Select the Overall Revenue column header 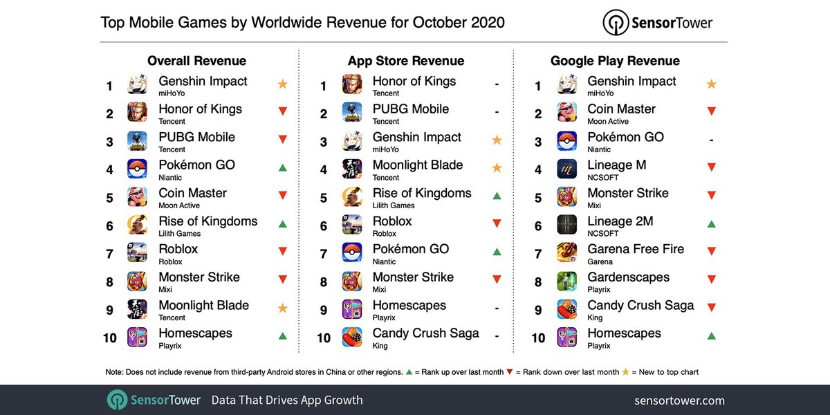[x=196, y=61]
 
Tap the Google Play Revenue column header [x=615, y=61]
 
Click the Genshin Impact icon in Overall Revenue [x=137, y=85]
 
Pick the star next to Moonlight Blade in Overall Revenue [x=282, y=308]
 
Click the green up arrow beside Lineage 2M [x=711, y=224]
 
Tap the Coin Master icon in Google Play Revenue [x=567, y=113]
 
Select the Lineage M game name [x=620, y=165]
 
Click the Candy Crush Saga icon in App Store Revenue [x=352, y=338]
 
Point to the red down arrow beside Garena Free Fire [x=711, y=252]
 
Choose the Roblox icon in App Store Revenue [x=352, y=225]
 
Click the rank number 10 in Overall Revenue [x=109, y=338]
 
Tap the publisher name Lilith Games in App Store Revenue [x=393, y=205]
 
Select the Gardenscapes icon [x=567, y=282]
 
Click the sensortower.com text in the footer [x=679, y=400]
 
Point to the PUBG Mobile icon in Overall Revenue [x=137, y=141]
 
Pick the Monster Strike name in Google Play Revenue [x=627, y=193]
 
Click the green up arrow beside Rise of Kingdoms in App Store [x=497, y=196]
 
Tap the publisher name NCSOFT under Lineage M [x=602, y=178]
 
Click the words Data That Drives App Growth [x=286, y=400]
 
